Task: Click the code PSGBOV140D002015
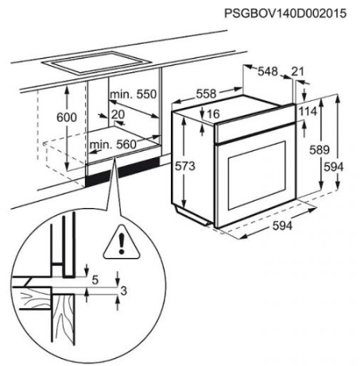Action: click(285, 13)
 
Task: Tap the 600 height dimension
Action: click(67, 118)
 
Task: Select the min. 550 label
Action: click(134, 94)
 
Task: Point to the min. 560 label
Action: click(113, 144)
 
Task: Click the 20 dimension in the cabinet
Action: click(118, 115)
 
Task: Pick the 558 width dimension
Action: click(206, 94)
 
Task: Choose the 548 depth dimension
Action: click(268, 71)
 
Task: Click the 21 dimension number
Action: click(297, 71)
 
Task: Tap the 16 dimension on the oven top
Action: click(213, 114)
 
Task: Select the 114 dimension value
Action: click(308, 111)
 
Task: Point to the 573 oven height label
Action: click(185, 166)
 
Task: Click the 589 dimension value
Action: click(319, 150)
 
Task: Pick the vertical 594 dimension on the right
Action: click(334, 168)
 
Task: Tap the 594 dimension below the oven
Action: click(282, 225)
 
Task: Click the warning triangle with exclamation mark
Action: click(122, 243)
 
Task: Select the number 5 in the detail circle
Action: click(95, 280)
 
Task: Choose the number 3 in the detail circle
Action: click(124, 291)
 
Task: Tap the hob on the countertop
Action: click(97, 63)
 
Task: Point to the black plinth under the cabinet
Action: click(122, 171)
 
